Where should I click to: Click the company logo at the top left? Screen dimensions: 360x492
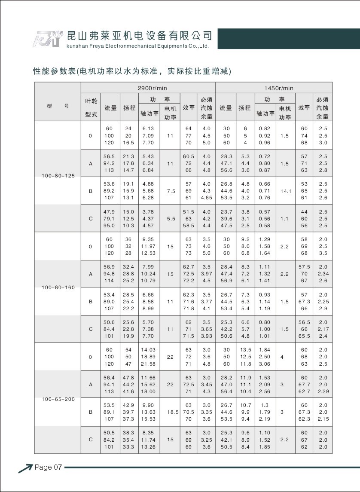point(48,39)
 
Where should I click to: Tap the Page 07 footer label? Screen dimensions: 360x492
point(49,467)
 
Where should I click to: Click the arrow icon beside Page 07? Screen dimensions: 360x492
point(25,468)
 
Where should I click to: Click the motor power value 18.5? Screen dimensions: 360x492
point(172,412)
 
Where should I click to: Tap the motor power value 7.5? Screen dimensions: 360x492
point(171,190)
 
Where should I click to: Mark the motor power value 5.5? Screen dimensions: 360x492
point(171,218)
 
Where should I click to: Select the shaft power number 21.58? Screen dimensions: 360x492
point(148,364)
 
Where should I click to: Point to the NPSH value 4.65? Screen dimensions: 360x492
point(206,198)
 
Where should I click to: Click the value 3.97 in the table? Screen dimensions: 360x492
point(206,274)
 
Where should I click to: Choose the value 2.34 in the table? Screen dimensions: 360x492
point(323,274)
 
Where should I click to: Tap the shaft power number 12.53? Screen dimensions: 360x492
point(148,253)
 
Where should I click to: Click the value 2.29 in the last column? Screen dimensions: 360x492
point(323,391)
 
